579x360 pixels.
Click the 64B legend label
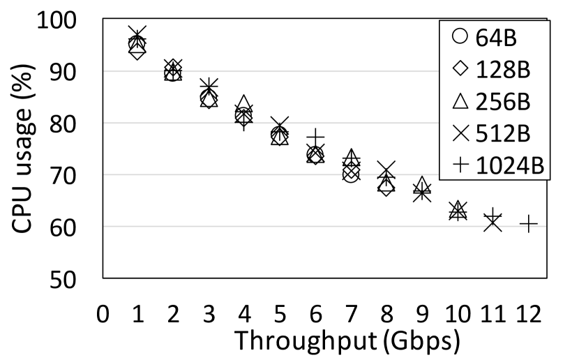coord(496,38)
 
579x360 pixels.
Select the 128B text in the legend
coord(502,70)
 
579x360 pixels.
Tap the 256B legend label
coord(502,102)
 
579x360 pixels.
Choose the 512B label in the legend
coord(502,134)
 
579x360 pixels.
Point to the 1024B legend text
coord(509,166)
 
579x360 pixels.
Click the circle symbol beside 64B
coord(460,36)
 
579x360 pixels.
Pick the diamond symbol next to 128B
coord(460,68)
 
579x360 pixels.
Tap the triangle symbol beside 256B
coord(460,101)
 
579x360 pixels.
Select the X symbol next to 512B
coord(460,133)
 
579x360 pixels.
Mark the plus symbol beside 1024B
coord(460,165)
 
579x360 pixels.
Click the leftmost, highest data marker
coord(137,51)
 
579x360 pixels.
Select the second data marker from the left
coord(173,68)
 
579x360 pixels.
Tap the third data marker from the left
coord(209,100)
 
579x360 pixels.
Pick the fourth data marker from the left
coord(243,119)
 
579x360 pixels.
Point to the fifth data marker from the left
coord(279,135)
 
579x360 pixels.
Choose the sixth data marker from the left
coord(315,156)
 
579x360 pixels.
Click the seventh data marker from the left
coord(351,170)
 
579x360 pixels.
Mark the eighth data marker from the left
coord(386,185)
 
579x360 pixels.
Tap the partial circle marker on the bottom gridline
coord(492,227)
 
